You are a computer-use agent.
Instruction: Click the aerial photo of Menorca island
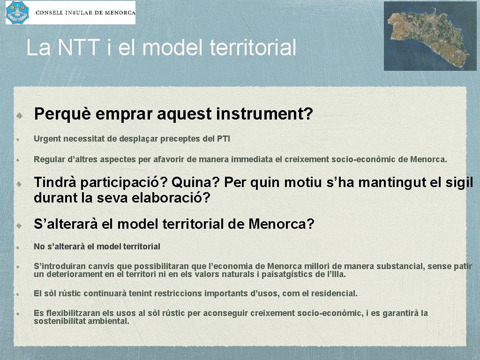click(x=430, y=36)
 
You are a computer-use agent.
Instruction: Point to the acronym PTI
click(x=224, y=139)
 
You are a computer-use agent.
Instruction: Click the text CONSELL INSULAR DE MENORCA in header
click(x=85, y=13)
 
